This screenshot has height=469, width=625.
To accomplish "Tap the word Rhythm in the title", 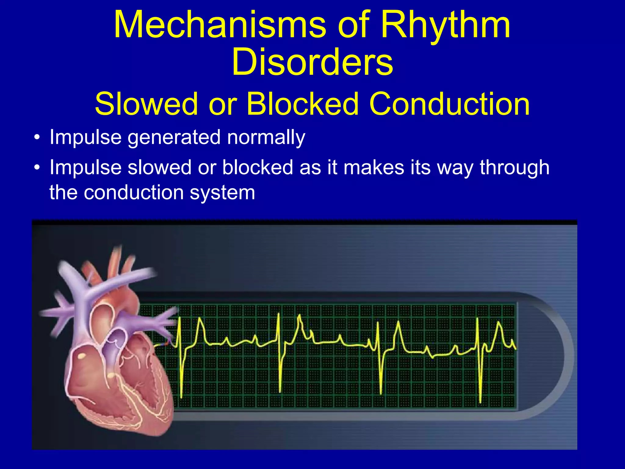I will click(446, 25).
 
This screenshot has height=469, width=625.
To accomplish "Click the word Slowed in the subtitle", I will click(146, 104).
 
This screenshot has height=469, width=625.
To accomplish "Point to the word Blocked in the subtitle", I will click(302, 104).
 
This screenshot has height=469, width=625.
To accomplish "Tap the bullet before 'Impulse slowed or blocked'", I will click(37, 168).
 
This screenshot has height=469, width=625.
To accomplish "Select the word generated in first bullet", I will click(174, 137).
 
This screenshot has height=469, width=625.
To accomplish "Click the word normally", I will click(266, 137).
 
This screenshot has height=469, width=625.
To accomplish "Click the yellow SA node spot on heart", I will click(81, 356).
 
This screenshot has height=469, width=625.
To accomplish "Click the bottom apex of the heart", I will click(159, 434).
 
